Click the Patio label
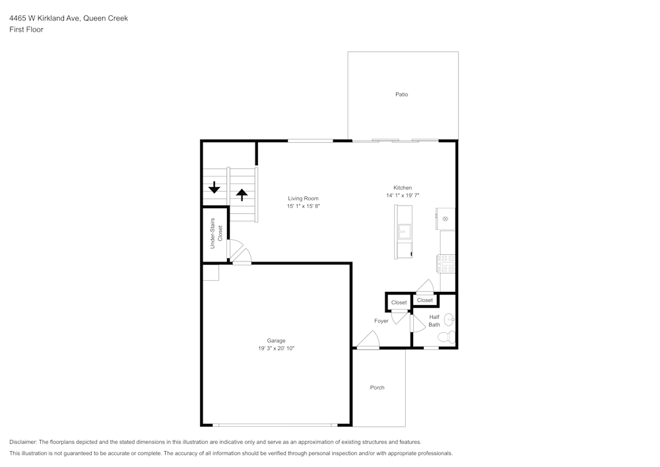[401, 94]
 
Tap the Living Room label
[303, 198]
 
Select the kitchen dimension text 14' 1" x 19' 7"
[403, 196]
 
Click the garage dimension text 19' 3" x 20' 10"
[276, 347]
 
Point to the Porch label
[377, 388]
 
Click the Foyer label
[381, 321]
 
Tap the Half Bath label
[434, 320]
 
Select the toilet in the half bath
[447, 338]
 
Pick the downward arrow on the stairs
[214, 188]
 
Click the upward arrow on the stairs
[242, 194]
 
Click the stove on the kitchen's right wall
[445, 264]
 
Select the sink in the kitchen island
[403, 232]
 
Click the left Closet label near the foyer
[399, 303]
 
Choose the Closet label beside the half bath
[425, 300]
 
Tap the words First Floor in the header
[26, 30]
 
